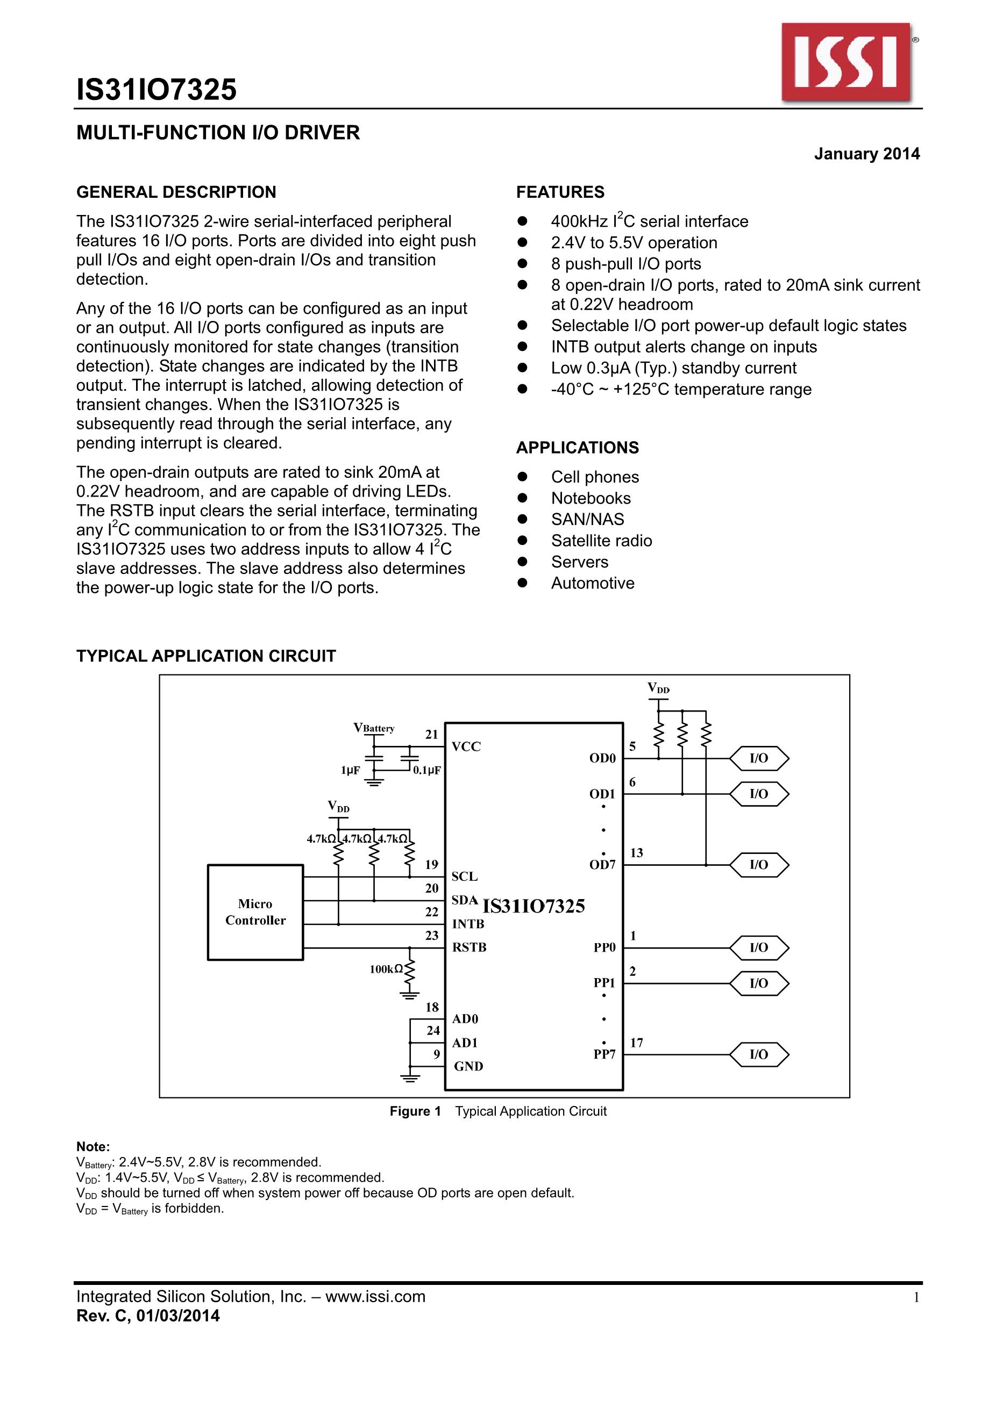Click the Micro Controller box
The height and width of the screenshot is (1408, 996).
[x=255, y=912]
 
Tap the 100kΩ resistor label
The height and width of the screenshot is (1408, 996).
[x=386, y=969]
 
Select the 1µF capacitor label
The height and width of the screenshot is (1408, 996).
[x=351, y=770]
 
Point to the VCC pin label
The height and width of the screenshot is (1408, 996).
[x=466, y=746]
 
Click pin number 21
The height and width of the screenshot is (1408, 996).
[x=432, y=734]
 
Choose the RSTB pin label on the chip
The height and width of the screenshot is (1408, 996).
[x=469, y=947]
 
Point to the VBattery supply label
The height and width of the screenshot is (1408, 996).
[x=374, y=728]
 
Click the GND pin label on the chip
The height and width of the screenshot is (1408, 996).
[x=468, y=1066]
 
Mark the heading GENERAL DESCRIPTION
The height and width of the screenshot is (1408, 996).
[x=176, y=192]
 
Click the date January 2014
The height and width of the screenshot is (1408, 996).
[x=866, y=153]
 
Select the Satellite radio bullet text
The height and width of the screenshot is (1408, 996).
[x=601, y=540]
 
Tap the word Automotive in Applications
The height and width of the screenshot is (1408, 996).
[x=592, y=583]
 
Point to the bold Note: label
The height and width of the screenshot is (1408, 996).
[x=93, y=1147]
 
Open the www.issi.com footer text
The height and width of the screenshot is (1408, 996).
[x=375, y=1296]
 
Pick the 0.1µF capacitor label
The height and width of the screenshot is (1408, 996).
[x=427, y=770]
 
